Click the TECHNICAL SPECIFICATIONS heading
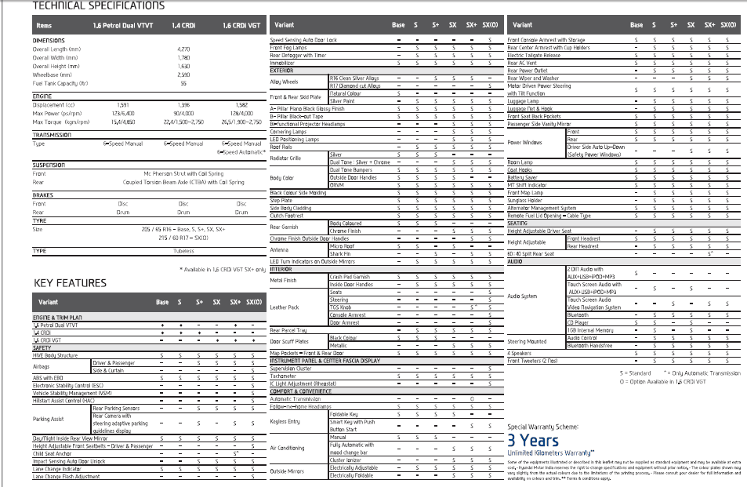tap(99, 6)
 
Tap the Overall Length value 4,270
tap(184, 49)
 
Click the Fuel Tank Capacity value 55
tap(184, 82)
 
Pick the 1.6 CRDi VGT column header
tap(240, 26)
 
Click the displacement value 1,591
tap(124, 104)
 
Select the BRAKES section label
tap(44, 194)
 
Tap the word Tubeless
tap(184, 251)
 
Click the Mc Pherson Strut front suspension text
tap(184, 174)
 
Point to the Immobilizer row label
tap(282, 63)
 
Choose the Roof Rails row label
tap(281, 147)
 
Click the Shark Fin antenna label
tap(340, 254)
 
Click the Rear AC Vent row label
tap(523, 63)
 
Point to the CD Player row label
tap(577, 322)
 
